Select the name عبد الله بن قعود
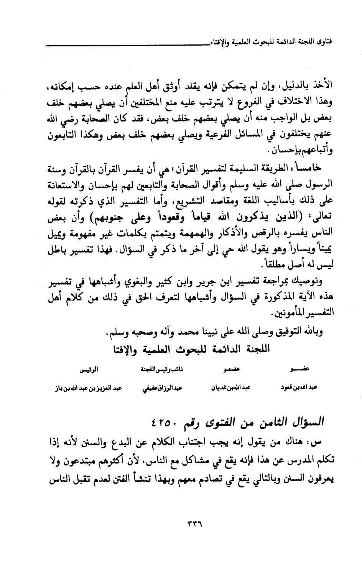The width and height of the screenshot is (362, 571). [298, 387]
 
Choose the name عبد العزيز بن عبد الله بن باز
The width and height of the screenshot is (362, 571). [88, 387]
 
